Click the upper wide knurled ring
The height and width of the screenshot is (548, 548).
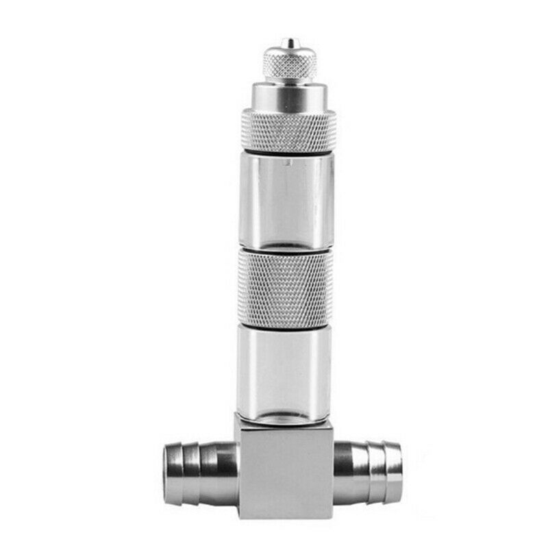[x=288, y=131]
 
